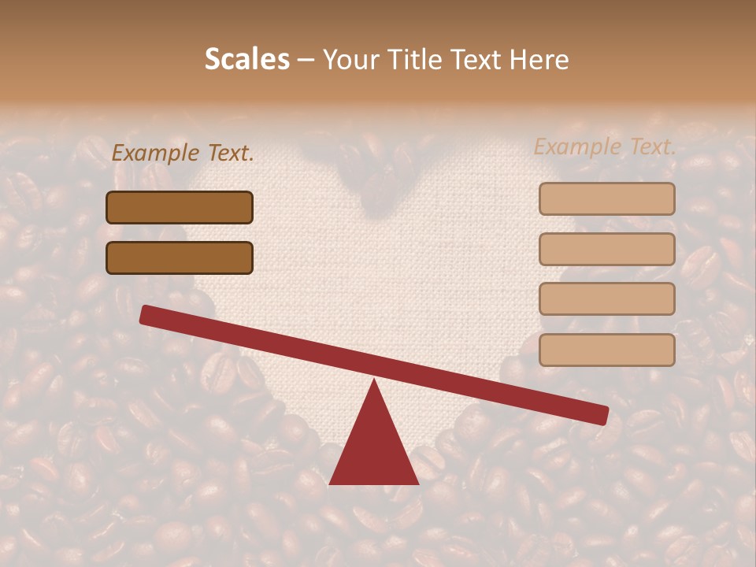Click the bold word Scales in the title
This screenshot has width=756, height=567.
pos(247,60)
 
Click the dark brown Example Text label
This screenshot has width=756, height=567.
pos(183,153)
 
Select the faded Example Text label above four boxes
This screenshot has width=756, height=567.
pos(605,146)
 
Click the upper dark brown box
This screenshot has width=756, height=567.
pos(180,207)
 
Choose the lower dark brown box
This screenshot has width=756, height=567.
pos(180,258)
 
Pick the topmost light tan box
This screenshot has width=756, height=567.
pos(606,198)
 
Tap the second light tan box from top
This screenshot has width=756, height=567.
pos(606,249)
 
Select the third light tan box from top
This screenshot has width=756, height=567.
pos(606,298)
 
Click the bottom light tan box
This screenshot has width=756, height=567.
pos(606,350)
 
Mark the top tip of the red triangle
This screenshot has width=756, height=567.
pos(374,383)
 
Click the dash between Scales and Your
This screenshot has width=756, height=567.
pos(306,60)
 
